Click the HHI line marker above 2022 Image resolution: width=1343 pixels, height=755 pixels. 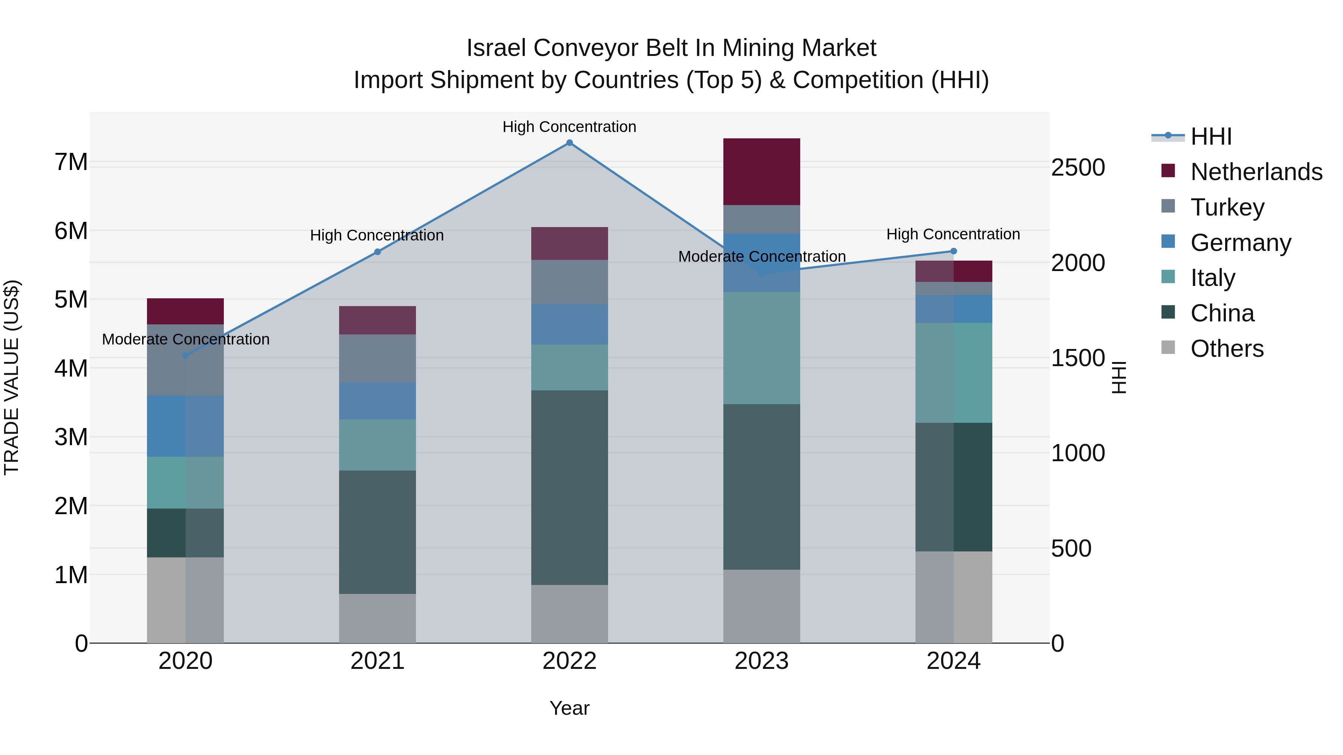(x=569, y=143)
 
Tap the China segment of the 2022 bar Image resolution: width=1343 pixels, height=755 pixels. (x=569, y=487)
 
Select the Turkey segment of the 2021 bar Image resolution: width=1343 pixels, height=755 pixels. (x=378, y=358)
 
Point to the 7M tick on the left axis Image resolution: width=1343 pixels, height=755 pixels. (x=71, y=162)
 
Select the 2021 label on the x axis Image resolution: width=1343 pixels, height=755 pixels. (x=378, y=661)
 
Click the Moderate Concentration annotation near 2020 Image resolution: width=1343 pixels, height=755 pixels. (x=186, y=339)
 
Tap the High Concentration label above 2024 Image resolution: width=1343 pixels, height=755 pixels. (x=953, y=235)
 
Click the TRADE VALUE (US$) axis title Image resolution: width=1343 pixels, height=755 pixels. (x=12, y=377)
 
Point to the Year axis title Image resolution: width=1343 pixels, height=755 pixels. (x=569, y=708)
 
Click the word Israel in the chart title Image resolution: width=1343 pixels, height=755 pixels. (x=496, y=48)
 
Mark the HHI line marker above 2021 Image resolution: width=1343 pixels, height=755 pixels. (x=378, y=252)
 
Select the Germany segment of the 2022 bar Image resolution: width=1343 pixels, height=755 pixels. (x=569, y=324)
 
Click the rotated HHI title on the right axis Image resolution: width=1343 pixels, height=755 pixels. (x=1119, y=377)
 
